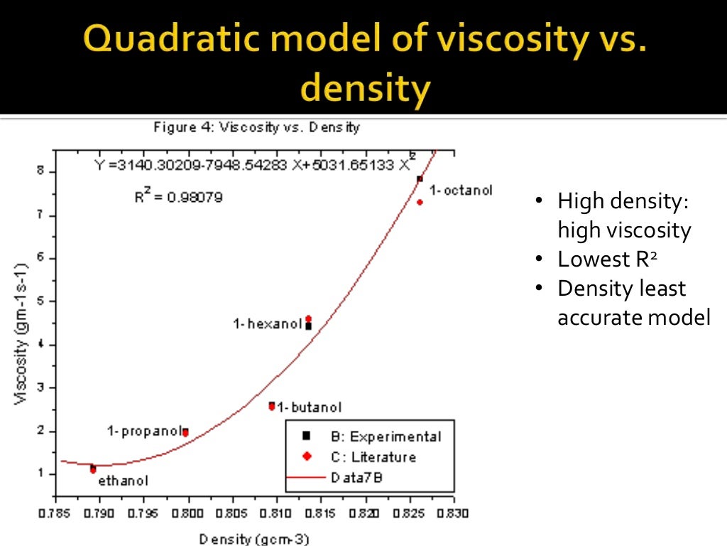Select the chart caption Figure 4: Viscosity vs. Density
(x=256, y=128)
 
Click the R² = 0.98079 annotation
(x=178, y=197)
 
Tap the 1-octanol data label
(x=461, y=191)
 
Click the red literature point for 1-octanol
(x=420, y=203)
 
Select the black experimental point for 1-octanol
(x=420, y=179)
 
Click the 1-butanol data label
(x=310, y=407)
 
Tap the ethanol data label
(x=124, y=481)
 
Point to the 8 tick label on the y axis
(x=41, y=171)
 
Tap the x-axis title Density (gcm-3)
(x=254, y=539)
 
